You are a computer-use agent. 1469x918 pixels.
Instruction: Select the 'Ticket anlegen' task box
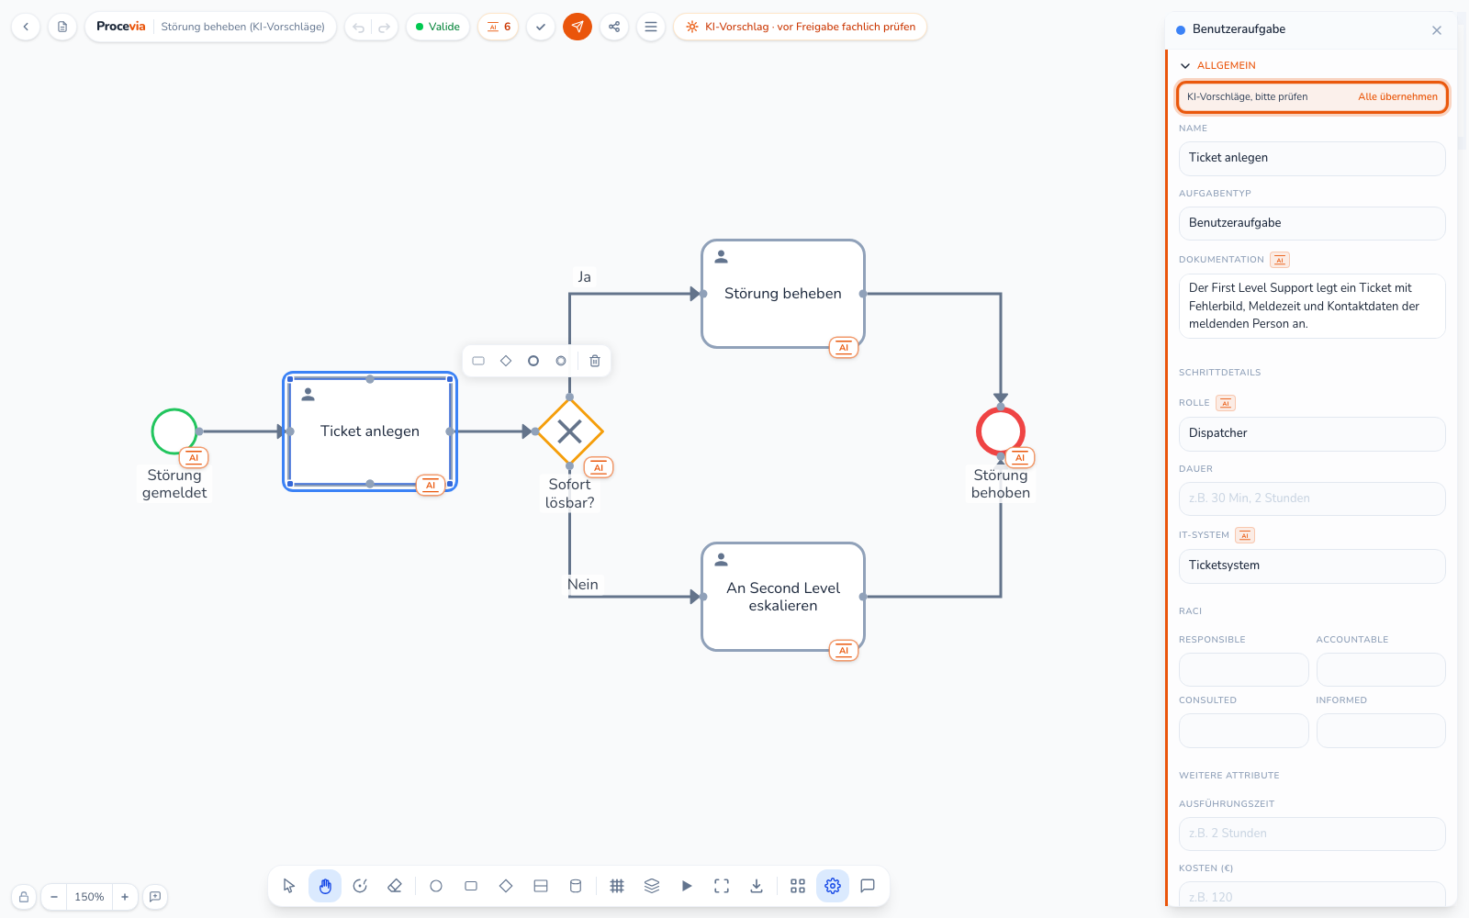pos(370,431)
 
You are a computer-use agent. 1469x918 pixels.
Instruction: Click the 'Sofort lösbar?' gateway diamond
pos(569,431)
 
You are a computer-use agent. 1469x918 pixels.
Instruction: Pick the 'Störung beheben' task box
pos(782,293)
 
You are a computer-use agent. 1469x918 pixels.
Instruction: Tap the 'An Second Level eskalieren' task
pos(782,596)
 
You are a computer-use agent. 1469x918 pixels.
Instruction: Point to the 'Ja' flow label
pos(584,276)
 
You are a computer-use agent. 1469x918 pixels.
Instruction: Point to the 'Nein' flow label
pos(582,584)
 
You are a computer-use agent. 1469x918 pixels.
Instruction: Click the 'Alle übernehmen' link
pos(1397,96)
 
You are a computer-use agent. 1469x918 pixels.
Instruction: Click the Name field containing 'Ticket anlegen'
pos(1312,158)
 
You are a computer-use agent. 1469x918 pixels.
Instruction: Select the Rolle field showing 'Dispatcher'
pos(1312,433)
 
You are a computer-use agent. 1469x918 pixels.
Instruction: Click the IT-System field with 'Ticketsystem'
pos(1312,565)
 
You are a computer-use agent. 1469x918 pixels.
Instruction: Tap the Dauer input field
pos(1312,498)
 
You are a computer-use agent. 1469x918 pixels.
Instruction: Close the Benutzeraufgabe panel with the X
pos(1436,30)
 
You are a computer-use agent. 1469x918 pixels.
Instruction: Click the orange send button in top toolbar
pos(578,27)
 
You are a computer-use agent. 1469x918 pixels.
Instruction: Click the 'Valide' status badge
pos(437,27)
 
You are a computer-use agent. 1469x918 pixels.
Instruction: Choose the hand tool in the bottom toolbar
pos(325,886)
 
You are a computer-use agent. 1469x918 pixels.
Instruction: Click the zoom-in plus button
pos(125,896)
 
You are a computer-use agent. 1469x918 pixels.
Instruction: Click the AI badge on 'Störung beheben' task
pos(844,348)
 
